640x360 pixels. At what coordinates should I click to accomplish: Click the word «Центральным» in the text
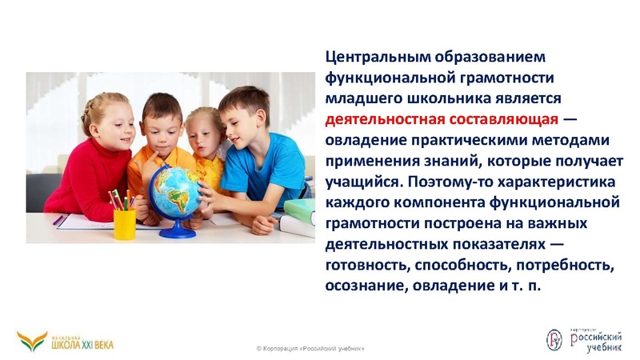click(x=375, y=57)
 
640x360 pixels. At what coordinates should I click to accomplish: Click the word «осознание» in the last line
click(x=364, y=286)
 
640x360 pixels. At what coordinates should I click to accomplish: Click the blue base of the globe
click(x=177, y=233)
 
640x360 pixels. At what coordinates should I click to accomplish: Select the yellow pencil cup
click(x=124, y=222)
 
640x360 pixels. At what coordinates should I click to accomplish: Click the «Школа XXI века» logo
click(x=66, y=342)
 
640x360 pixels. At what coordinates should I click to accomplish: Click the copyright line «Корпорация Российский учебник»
click(x=310, y=349)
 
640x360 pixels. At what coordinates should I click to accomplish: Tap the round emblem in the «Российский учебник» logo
click(x=554, y=340)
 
